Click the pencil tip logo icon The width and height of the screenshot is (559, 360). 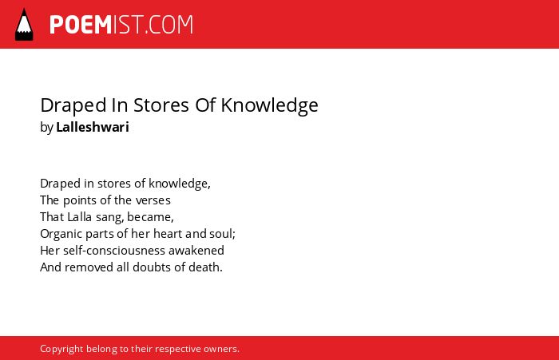point(24,25)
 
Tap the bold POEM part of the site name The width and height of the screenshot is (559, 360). point(81,25)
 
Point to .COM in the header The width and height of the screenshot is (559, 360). point(169,25)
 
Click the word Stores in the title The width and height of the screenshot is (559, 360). point(161,105)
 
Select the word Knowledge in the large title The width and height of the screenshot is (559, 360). point(270,106)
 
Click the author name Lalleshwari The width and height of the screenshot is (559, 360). point(93,127)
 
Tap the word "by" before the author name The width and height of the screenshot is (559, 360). point(46,127)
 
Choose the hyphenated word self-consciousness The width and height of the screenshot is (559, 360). point(114,250)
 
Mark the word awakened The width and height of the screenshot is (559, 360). point(196,250)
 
